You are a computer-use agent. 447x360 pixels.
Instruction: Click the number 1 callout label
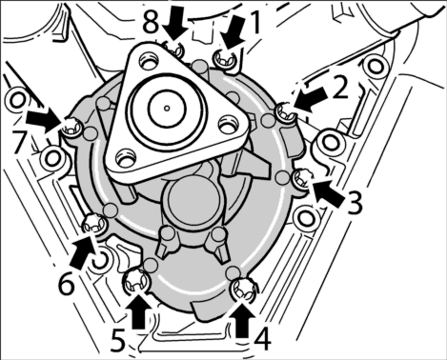pyautogui.click(x=255, y=22)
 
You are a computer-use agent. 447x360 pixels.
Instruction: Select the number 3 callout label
pyautogui.click(x=354, y=203)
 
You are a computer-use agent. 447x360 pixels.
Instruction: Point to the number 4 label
pyautogui.click(x=262, y=339)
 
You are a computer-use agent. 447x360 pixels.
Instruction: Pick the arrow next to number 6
pyautogui.click(x=82, y=250)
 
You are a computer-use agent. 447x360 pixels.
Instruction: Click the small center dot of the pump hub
pyautogui.click(x=167, y=109)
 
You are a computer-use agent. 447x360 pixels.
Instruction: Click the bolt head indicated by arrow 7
pyautogui.click(x=71, y=129)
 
